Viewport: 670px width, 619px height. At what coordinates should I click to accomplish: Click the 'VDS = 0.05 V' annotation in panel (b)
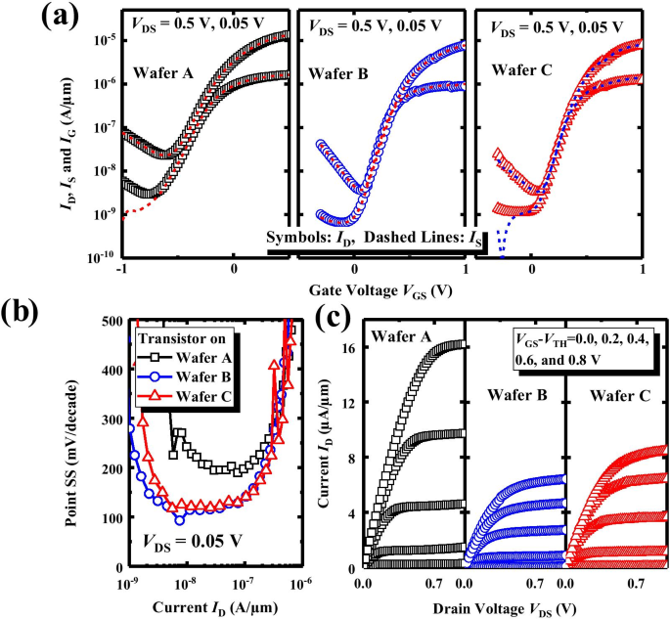click(195, 541)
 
